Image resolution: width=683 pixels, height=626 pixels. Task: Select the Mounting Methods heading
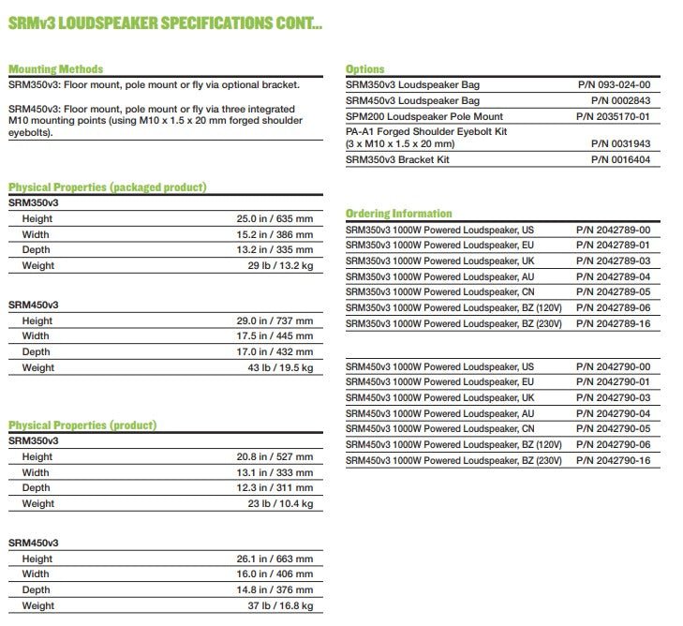tap(55, 69)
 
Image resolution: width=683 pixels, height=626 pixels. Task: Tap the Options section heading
tap(364, 69)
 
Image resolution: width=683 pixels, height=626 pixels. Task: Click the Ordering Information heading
tap(398, 214)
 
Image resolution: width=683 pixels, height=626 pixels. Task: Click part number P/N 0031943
tap(620, 144)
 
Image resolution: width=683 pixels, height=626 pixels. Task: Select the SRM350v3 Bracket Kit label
tap(397, 160)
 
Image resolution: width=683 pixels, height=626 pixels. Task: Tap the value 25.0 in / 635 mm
tap(275, 218)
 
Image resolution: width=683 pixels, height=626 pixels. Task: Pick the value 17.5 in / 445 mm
tap(275, 336)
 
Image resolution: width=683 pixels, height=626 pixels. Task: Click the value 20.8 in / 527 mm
tap(275, 456)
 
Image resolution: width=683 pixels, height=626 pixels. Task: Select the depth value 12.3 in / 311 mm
tap(275, 488)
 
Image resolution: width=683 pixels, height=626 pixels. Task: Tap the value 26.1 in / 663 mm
tap(275, 559)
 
